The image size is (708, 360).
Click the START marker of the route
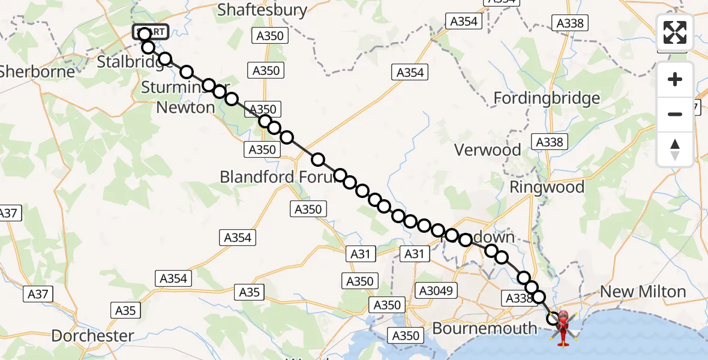(x=151, y=32)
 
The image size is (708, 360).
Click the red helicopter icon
(x=563, y=328)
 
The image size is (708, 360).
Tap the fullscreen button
(x=675, y=32)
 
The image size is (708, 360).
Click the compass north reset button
(x=675, y=149)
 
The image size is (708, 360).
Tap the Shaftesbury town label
(x=262, y=10)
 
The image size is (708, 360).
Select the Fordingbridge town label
(x=547, y=98)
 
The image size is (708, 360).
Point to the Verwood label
(x=488, y=150)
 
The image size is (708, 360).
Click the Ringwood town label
(x=547, y=187)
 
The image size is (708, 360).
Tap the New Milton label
(x=643, y=292)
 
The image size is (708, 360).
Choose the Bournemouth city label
(x=485, y=328)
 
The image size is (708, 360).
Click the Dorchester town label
(x=92, y=335)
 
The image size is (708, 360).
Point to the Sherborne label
(x=38, y=71)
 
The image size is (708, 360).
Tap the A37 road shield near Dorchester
(x=38, y=294)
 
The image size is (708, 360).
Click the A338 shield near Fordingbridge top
(x=569, y=23)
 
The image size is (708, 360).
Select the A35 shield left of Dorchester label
(x=125, y=310)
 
